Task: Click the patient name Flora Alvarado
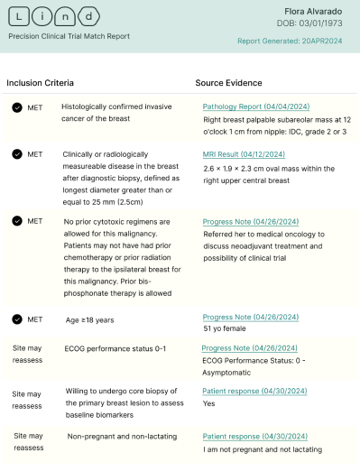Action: pos(318,9)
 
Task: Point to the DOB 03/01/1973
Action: pos(315,22)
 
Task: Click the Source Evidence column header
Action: pos(229,83)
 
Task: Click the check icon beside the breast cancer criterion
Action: pos(17,106)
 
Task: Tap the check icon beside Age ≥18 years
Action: pos(17,318)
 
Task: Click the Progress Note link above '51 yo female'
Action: pos(242,318)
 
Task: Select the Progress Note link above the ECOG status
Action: pos(242,347)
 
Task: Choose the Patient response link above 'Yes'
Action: pos(247,392)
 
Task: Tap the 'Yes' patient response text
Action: pos(209,405)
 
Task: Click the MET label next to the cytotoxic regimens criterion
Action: pos(34,221)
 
